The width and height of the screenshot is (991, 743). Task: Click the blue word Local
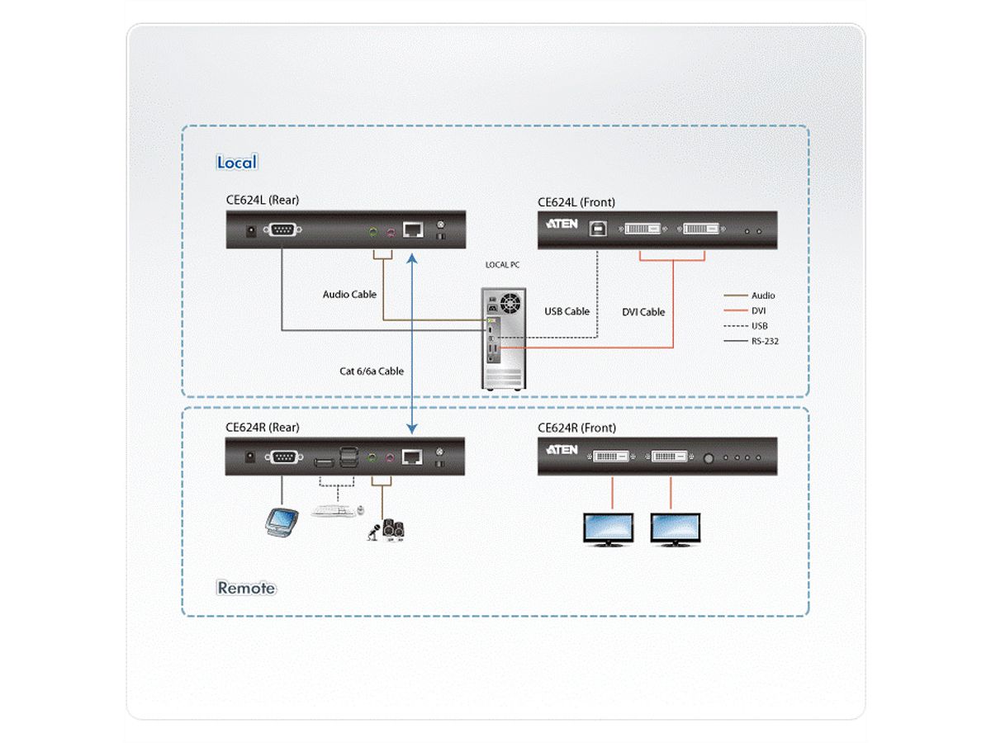(237, 163)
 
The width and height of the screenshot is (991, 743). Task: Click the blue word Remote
(246, 588)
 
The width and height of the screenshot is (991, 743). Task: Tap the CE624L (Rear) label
(262, 201)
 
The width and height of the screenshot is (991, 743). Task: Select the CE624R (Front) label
(576, 428)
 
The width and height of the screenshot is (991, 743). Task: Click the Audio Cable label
(349, 294)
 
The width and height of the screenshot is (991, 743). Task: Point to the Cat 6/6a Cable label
(372, 371)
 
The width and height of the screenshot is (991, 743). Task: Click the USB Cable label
(567, 311)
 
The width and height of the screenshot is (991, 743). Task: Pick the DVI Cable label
(643, 312)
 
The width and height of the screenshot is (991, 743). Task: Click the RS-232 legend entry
(765, 340)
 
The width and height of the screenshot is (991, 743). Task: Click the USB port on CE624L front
(597, 229)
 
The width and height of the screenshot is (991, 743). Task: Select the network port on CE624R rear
(412, 456)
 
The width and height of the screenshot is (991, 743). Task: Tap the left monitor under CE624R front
(609, 529)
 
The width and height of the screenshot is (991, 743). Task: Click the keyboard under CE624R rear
(336, 510)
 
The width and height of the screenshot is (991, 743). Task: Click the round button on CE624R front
(708, 457)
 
